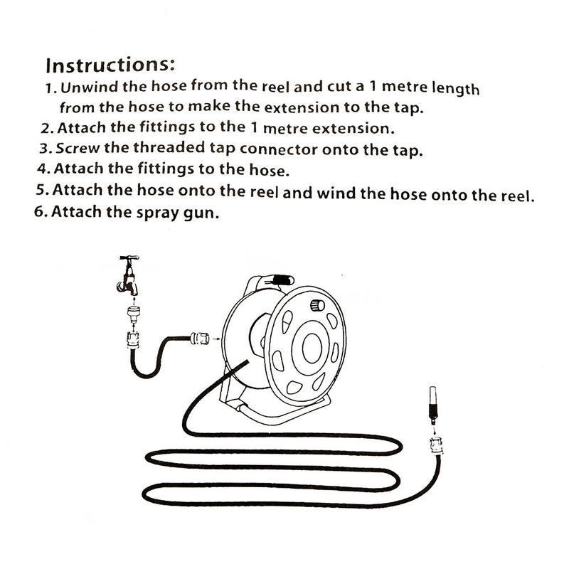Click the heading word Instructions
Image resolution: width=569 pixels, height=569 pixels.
[x=110, y=65]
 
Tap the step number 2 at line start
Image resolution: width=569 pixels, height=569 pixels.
[x=46, y=129]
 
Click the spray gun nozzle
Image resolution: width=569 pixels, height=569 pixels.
[x=432, y=403]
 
